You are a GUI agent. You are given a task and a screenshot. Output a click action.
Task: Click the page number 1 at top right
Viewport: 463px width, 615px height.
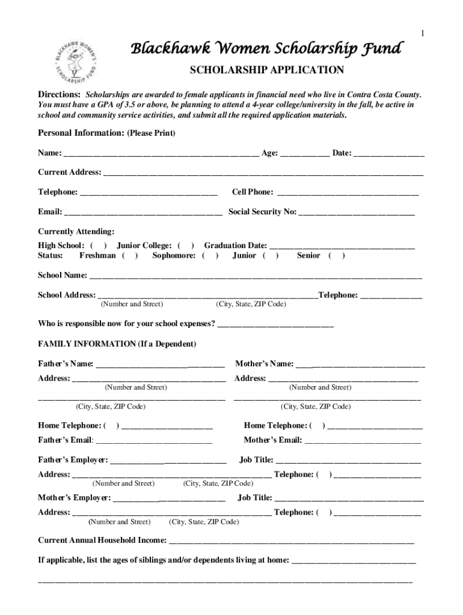point(422,33)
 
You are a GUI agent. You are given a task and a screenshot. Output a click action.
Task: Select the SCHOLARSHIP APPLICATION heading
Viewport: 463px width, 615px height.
point(267,70)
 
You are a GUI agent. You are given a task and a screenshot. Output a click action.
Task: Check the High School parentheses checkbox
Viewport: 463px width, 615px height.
point(99,246)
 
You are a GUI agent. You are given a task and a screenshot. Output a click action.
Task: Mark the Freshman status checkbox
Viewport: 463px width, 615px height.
point(130,256)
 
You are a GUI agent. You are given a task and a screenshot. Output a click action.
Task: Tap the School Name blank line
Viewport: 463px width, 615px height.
point(256,277)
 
